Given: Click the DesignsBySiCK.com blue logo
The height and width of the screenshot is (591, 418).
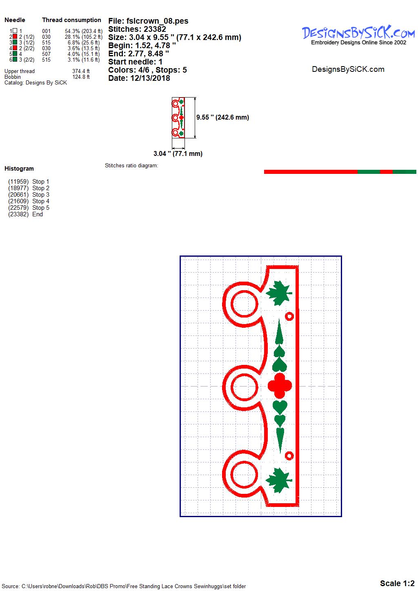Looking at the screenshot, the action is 358,36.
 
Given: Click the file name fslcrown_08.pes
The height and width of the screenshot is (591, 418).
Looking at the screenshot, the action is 157,21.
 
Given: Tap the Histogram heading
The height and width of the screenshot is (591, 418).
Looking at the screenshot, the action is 19,169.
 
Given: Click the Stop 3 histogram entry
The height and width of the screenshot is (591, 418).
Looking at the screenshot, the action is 29,195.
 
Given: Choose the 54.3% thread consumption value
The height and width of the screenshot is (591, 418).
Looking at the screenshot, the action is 72,31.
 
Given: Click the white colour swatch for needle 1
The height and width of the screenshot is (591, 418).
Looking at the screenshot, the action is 15,31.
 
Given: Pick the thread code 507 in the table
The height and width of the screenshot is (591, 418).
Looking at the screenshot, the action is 46,54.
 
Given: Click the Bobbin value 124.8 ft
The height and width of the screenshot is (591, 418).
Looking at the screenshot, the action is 81,77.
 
